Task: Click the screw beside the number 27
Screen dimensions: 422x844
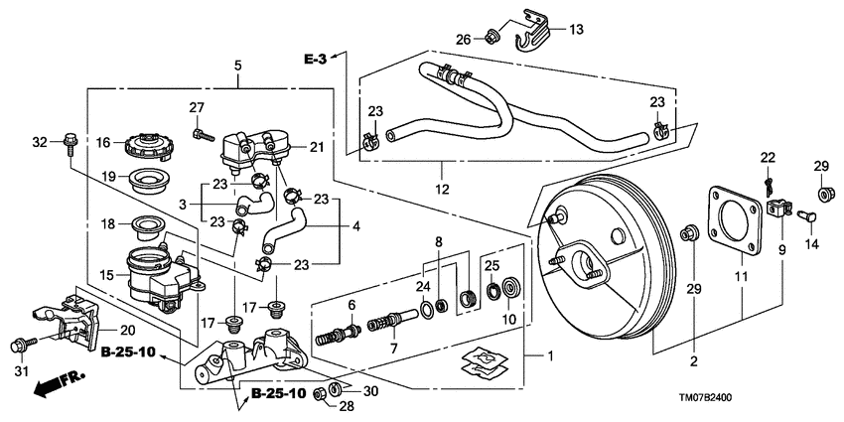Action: (201, 130)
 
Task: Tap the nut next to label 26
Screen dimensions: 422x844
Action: (491, 39)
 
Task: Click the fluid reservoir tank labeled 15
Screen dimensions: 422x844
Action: (154, 278)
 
